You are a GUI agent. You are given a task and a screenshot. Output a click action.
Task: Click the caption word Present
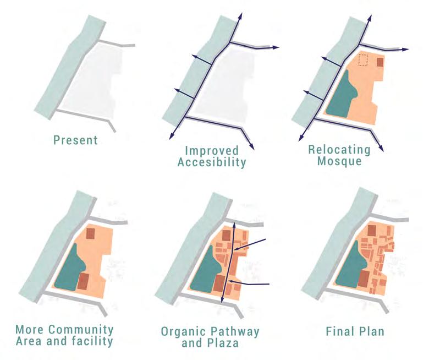click(75, 140)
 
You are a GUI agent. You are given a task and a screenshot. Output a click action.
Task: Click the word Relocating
click(339, 150)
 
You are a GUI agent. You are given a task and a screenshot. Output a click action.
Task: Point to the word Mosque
click(339, 162)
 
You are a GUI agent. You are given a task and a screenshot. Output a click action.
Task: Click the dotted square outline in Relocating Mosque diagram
click(362, 60)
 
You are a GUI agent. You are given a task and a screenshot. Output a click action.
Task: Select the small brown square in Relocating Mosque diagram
click(380, 62)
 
